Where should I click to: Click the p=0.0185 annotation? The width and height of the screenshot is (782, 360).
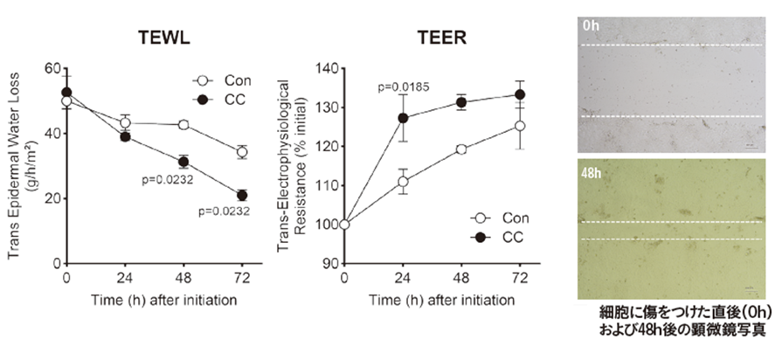point(406,87)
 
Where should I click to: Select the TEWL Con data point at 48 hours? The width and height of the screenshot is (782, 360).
point(183,125)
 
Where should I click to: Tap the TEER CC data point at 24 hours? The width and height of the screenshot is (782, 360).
point(403,118)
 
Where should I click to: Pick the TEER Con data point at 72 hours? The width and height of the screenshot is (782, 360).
point(520,126)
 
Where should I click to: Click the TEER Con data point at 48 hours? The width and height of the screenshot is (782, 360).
point(461,149)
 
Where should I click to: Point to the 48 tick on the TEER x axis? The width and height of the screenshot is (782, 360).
point(461,279)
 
